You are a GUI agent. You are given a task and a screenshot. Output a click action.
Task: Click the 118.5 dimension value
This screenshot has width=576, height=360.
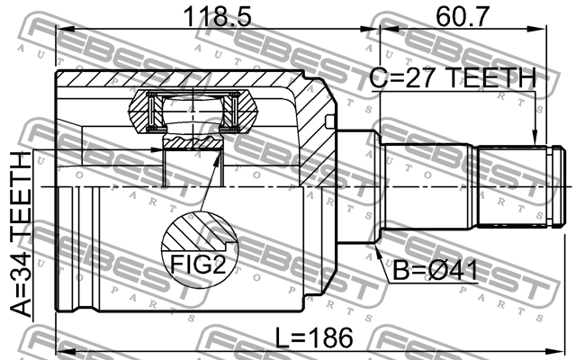pos(217,16)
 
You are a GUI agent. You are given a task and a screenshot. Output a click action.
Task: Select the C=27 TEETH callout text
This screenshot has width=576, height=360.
pos(453,77)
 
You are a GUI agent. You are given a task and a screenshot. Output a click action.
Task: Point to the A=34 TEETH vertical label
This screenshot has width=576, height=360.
pos(21,234)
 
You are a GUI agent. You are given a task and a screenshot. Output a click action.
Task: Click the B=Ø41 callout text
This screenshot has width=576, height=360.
pos(436,270)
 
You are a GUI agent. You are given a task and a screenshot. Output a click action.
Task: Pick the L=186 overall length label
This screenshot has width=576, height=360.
pos(314,337)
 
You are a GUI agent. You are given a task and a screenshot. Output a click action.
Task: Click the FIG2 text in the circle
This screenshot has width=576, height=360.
pos(197,264)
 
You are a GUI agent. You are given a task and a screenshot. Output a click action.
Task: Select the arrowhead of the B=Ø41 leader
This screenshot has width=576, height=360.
pos(378,251)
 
